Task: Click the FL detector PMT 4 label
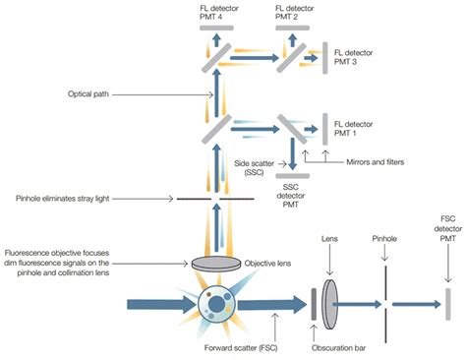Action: (x=217, y=12)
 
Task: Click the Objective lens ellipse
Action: (x=218, y=264)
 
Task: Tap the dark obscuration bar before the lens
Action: (x=314, y=305)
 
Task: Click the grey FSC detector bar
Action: (x=447, y=305)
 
